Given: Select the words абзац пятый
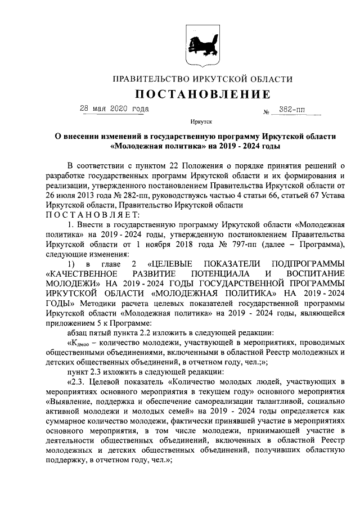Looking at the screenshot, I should click(x=91, y=332).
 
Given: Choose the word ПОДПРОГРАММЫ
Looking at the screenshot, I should click(x=308, y=263).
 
